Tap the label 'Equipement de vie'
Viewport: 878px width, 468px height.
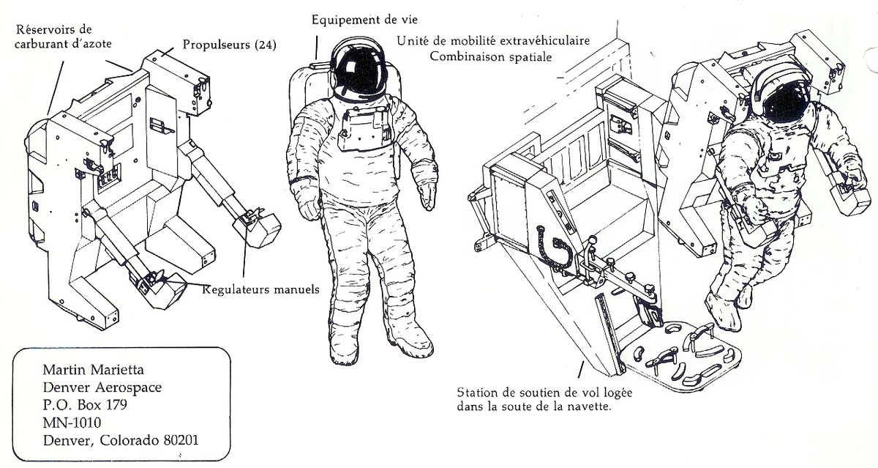[359, 20]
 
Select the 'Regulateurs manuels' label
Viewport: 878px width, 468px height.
[260, 289]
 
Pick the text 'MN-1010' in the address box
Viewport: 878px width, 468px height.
[72, 423]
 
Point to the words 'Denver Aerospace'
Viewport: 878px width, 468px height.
[102, 388]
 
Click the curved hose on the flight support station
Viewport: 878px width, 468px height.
[552, 245]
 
